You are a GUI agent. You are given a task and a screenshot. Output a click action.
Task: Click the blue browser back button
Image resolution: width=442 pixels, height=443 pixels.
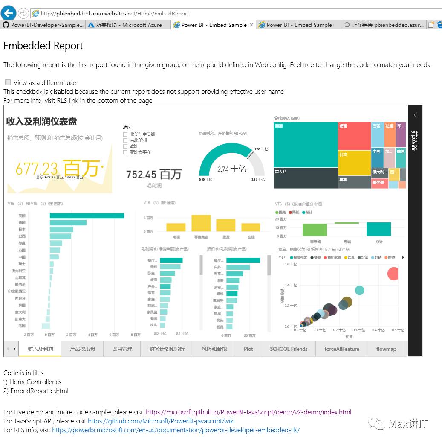9,13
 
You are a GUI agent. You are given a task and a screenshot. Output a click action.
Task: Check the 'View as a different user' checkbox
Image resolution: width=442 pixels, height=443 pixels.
8,82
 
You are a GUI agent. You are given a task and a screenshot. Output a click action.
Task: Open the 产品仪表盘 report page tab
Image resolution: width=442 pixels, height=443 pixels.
82,349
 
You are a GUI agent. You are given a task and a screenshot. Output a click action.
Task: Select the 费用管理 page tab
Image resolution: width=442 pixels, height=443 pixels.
122,349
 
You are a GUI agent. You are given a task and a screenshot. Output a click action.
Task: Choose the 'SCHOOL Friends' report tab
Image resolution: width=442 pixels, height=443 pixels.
289,349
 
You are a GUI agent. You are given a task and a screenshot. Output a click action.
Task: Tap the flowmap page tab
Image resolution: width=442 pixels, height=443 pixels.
386,349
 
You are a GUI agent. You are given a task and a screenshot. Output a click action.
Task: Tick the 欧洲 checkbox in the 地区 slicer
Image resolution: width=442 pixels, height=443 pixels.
125,146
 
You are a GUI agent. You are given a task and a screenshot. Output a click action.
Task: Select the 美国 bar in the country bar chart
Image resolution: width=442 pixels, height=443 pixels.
87,216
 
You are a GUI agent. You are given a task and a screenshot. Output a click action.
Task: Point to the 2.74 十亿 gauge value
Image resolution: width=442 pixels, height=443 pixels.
231,169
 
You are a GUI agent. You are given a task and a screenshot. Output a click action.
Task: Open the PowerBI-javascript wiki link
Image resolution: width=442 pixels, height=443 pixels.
161,421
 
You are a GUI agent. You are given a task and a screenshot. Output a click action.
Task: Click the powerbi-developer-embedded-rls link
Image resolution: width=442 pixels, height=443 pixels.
176,430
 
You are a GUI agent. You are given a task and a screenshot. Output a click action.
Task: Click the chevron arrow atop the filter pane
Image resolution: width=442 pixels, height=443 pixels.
415,115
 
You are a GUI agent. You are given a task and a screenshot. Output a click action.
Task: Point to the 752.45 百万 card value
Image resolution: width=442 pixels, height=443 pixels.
154,174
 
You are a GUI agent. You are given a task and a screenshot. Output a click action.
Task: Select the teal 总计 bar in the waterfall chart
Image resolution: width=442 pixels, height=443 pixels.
378,229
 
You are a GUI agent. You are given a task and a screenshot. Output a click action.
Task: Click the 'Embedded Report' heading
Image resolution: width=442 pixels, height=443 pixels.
43,46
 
